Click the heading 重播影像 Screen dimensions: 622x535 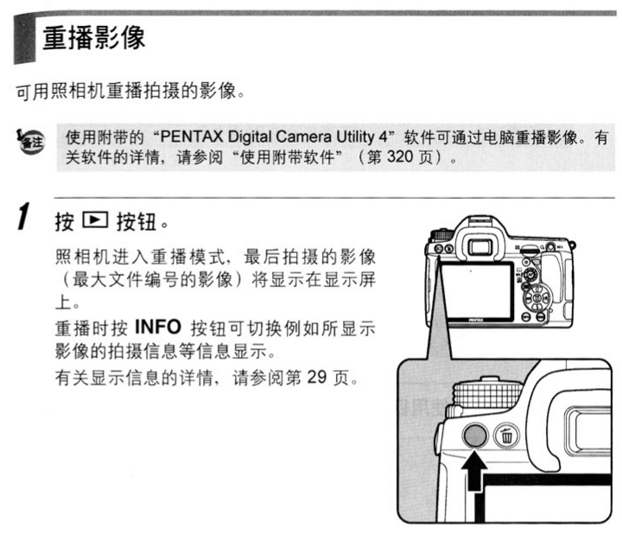(x=93, y=38)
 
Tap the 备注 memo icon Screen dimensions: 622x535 (x=30, y=141)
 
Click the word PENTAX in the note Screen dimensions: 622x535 (x=191, y=137)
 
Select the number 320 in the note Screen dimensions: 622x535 (x=400, y=156)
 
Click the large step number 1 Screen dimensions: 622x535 (x=24, y=216)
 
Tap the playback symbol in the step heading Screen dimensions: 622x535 (x=95, y=220)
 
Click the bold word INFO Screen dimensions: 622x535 (x=158, y=327)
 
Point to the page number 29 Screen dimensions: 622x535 (x=316, y=377)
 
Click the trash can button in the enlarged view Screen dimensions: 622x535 (x=506, y=435)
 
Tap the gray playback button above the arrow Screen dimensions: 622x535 (x=475, y=435)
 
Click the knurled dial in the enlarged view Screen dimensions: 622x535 (x=487, y=394)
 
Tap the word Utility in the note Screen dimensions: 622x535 (x=356, y=137)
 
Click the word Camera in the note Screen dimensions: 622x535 (x=303, y=137)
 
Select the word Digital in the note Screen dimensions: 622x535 (x=250, y=137)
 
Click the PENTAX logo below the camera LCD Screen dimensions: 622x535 (x=476, y=319)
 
